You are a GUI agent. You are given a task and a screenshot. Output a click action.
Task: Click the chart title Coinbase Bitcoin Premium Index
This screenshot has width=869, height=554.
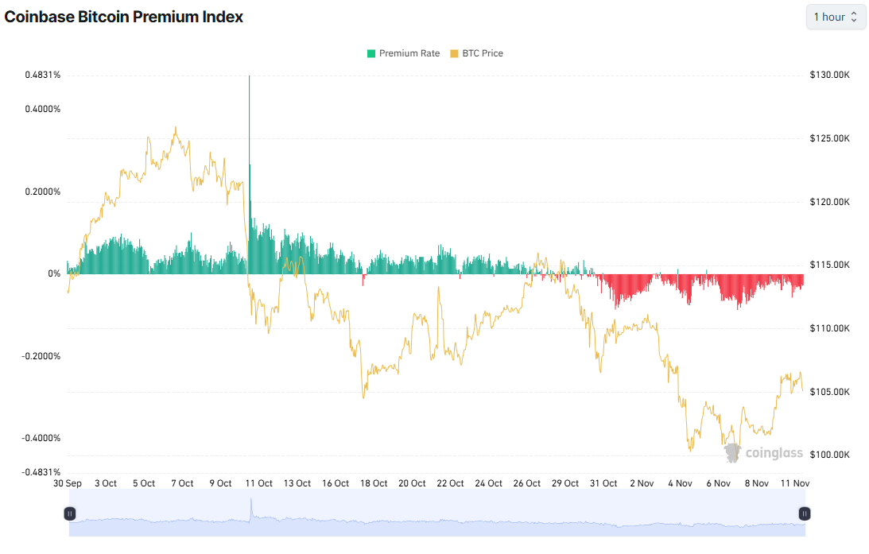click(x=124, y=17)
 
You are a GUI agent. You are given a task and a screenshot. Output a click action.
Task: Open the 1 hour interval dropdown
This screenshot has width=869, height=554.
click(x=836, y=17)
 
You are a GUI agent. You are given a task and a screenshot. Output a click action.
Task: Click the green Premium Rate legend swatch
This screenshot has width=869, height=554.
click(x=370, y=53)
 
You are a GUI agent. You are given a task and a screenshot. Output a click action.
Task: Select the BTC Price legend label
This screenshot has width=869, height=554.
click(x=483, y=53)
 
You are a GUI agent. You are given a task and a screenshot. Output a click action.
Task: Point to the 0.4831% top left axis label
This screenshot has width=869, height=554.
click(x=43, y=76)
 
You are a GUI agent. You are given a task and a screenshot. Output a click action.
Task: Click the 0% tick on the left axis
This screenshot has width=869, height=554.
click(x=54, y=274)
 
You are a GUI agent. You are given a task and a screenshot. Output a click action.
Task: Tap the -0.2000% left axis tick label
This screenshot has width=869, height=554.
click(x=41, y=356)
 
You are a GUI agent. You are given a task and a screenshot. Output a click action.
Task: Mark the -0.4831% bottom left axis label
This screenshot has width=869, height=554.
click(x=41, y=472)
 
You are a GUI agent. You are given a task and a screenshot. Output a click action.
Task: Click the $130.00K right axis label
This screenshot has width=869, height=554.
click(x=830, y=76)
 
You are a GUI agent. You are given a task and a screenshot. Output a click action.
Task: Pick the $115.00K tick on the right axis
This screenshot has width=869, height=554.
click(x=830, y=265)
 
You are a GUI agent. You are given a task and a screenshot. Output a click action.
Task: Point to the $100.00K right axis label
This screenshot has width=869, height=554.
click(x=830, y=455)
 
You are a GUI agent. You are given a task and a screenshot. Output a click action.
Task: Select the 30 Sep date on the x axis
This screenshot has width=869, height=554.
click(x=68, y=483)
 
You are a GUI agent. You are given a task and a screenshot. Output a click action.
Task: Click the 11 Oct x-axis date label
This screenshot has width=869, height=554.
click(x=258, y=483)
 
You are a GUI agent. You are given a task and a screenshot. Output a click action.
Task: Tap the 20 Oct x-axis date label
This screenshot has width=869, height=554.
click(x=413, y=483)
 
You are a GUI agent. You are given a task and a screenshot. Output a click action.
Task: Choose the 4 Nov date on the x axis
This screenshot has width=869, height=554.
click(x=681, y=483)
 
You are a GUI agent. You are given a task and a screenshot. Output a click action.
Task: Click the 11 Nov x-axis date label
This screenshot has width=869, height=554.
click(x=796, y=483)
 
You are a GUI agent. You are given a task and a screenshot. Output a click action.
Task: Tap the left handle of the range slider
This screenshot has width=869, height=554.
click(x=70, y=514)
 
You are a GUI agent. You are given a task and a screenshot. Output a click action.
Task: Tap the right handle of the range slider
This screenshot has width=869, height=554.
click(x=805, y=514)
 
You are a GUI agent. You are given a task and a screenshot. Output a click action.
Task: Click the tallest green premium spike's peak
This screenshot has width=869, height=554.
click(x=249, y=77)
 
